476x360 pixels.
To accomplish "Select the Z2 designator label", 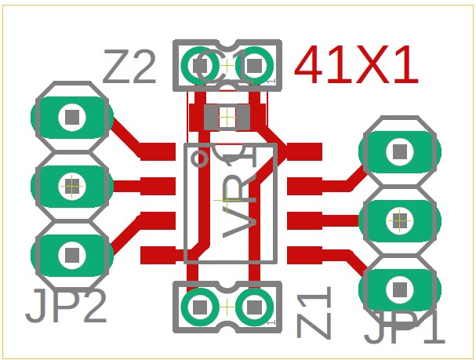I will [x=130, y=67].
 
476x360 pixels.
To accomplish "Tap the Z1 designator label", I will [x=315, y=312].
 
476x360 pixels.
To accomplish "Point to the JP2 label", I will [x=66, y=307].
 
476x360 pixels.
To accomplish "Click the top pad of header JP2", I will [x=72, y=118].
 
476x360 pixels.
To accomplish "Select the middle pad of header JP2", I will [x=72, y=186].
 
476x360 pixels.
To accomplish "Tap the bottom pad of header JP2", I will [x=72, y=254].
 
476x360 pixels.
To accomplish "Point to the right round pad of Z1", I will [x=254, y=307].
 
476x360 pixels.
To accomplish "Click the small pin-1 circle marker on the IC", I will [x=201, y=160].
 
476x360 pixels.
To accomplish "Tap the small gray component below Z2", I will [x=227, y=118].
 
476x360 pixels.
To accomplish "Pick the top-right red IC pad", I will [x=304, y=151].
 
